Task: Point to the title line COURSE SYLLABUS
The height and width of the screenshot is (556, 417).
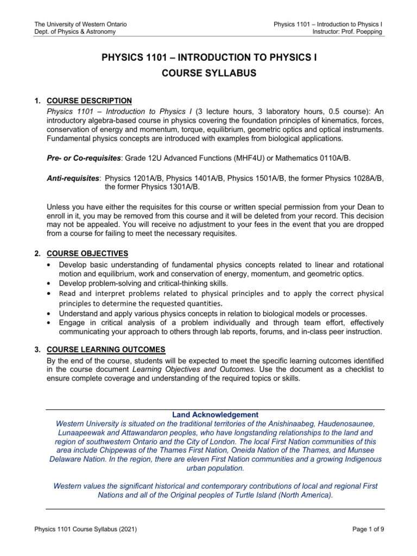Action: pos(208,73)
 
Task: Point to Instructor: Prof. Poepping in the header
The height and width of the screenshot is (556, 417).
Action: pos(344,32)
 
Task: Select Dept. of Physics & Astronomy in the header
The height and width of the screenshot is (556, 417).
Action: pos(74,32)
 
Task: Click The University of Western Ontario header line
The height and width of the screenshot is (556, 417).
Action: pos(80,24)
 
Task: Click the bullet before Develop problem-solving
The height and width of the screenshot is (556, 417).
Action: pos(50,284)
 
